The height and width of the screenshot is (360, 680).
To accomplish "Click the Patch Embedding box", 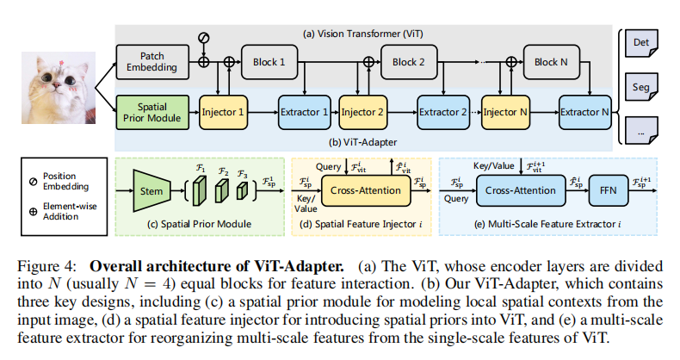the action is point(152,62).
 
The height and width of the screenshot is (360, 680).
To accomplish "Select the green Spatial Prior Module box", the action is point(152,112).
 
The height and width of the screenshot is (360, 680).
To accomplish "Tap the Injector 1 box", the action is point(223,112).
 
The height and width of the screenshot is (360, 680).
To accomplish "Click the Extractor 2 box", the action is point(442,112).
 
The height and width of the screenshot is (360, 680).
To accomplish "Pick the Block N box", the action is point(551,62).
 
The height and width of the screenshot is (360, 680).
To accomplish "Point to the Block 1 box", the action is point(269,62).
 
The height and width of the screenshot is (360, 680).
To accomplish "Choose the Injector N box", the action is point(505,112).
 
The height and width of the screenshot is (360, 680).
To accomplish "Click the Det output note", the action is point(641,43).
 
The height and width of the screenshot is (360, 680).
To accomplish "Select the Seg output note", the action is point(641,87).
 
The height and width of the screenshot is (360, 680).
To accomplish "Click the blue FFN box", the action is point(608,190).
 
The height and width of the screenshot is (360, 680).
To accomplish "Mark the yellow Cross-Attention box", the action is point(366,190).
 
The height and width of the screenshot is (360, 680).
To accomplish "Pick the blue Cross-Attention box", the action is point(521,190).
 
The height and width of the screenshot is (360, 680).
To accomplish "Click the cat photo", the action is point(59,88).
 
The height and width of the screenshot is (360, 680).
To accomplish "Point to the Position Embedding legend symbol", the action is point(33,182).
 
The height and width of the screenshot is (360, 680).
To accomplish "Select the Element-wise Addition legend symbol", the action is point(33,212).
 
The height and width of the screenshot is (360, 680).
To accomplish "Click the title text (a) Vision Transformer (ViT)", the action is point(362,34).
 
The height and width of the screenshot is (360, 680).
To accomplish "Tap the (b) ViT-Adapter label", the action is point(362,142).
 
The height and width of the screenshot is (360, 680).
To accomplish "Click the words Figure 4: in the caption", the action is point(46,266).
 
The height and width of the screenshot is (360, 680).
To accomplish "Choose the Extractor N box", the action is point(585,112).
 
